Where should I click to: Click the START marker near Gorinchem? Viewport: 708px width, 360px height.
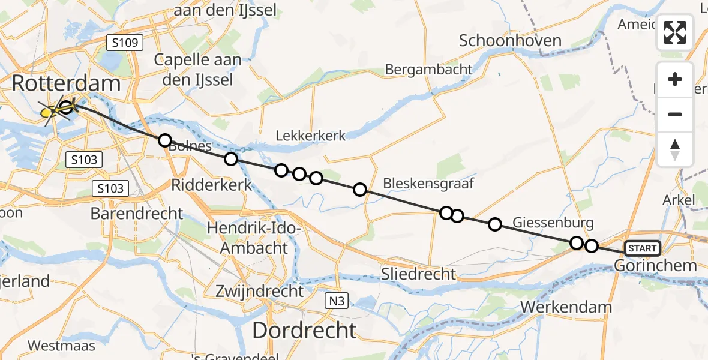tap(642, 248)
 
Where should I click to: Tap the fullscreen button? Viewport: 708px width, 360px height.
tap(675, 32)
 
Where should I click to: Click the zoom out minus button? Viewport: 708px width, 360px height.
tap(675, 114)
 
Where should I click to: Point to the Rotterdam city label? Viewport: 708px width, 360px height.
tap(66, 83)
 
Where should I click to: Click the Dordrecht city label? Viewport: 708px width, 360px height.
tap(304, 330)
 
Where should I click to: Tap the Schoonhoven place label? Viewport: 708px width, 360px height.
tap(510, 41)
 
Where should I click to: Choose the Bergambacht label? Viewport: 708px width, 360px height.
tap(428, 70)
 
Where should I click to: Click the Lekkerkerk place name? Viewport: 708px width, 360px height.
tap(311, 136)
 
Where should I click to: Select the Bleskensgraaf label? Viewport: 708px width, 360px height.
tap(428, 182)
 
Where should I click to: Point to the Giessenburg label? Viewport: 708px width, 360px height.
tap(553, 223)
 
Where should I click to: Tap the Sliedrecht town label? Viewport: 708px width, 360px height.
tap(419, 274)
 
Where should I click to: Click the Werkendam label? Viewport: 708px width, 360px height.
tap(566, 307)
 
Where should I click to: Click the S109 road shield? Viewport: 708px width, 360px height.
tap(125, 43)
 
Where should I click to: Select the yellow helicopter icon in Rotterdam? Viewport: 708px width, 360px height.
tap(54, 111)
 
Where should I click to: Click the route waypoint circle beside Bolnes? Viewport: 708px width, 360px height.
tap(164, 140)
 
